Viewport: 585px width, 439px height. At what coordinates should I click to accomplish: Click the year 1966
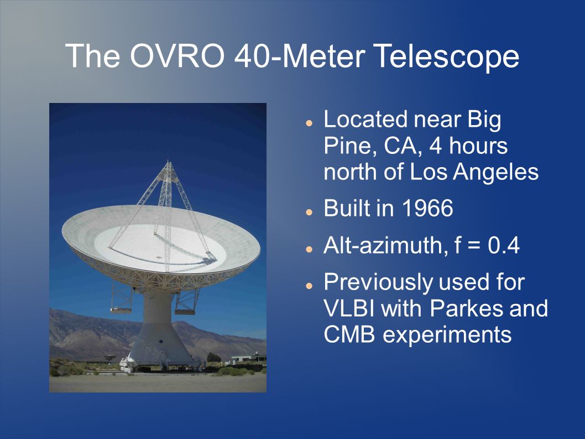427,208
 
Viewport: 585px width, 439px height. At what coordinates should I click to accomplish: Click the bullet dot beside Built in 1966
309,212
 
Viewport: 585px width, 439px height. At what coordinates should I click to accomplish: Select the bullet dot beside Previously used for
309,286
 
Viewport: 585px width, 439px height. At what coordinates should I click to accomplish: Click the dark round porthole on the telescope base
161,342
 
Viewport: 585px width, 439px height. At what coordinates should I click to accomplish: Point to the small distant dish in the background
109,357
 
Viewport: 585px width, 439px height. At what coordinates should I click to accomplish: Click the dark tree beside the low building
213,357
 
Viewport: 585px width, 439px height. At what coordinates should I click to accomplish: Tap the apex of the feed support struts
168,162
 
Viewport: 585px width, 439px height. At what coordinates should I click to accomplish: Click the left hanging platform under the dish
121,309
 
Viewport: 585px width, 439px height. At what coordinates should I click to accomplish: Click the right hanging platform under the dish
185,311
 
